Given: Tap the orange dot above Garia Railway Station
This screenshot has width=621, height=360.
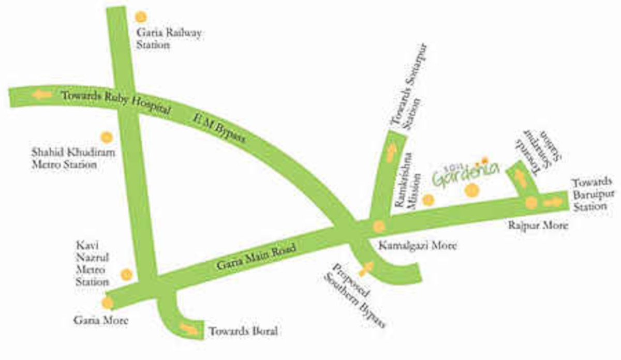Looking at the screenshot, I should tap(141, 17).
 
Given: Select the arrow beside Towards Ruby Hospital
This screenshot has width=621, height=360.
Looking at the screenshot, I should tap(41, 95).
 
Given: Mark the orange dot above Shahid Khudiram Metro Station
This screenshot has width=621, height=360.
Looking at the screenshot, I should tap(107, 137).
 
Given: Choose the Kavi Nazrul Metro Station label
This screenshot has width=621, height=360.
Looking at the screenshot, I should tap(92, 263).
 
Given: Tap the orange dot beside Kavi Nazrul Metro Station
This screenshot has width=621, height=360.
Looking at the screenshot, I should tap(126, 274).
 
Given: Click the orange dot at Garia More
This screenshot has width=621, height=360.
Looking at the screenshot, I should tap(107, 303).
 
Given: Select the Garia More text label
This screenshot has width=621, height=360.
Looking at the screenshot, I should tap(100, 321).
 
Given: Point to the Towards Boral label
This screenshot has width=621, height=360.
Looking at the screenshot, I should tap(243, 332).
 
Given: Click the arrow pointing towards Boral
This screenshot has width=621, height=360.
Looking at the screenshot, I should tap(189, 328).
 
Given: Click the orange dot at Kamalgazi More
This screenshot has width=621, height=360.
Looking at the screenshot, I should tap(379, 226).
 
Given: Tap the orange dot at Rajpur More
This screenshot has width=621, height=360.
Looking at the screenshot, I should tap(531, 203).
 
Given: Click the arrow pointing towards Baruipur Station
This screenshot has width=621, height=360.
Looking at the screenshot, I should tap(551, 202).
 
